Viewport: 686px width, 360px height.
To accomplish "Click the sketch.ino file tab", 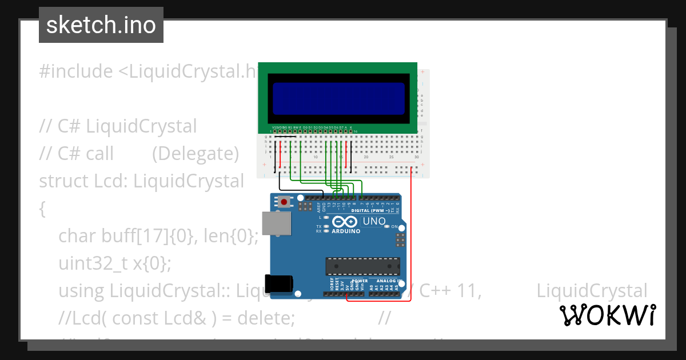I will pos(101,25).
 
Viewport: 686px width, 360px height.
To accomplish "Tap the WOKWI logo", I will pos(607,315).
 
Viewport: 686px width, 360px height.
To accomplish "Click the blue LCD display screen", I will pos(338,99).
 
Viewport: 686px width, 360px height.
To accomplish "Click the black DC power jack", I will pos(280,284).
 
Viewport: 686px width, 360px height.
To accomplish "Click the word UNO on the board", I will pos(375,221).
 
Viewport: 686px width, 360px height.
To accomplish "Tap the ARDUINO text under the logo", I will pos(346,231).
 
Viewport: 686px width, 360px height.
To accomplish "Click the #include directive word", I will pos(76,71).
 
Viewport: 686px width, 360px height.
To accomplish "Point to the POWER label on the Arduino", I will pos(360,281).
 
